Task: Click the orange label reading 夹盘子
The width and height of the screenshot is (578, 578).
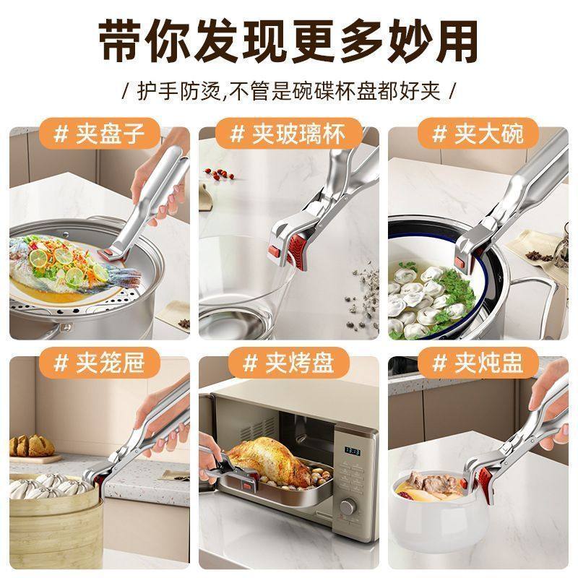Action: tap(98, 134)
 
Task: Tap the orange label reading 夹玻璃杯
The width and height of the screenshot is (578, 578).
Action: tap(288, 134)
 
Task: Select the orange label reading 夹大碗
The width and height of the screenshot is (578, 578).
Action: tap(478, 134)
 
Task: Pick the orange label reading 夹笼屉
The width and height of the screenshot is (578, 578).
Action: tap(98, 362)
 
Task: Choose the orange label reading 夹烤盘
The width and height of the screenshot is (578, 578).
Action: tap(288, 362)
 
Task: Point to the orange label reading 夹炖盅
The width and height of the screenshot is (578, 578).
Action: tap(478, 362)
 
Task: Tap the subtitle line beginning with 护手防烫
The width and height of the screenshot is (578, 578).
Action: tap(289, 92)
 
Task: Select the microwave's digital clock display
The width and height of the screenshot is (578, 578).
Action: tap(353, 451)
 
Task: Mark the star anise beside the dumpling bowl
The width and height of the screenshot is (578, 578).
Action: tap(538, 255)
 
